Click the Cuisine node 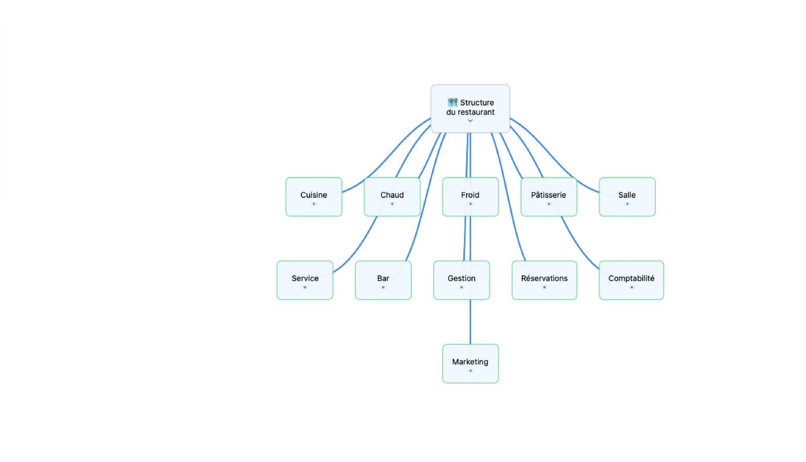(x=314, y=197)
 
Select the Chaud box (x=392, y=197)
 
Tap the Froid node (x=471, y=197)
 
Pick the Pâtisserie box (x=549, y=197)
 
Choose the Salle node (x=627, y=197)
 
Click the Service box (x=305, y=280)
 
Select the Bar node (x=383, y=280)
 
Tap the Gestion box (x=461, y=280)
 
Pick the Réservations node (x=545, y=280)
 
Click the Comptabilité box (x=632, y=280)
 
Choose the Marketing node (x=471, y=364)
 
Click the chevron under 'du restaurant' (x=471, y=121)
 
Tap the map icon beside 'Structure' (x=452, y=102)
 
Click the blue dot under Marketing (x=471, y=371)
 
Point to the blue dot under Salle (x=627, y=204)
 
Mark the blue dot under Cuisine (x=314, y=204)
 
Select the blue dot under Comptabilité (x=632, y=287)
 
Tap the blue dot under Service (x=305, y=287)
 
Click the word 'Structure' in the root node (x=477, y=103)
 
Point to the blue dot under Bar (x=383, y=287)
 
